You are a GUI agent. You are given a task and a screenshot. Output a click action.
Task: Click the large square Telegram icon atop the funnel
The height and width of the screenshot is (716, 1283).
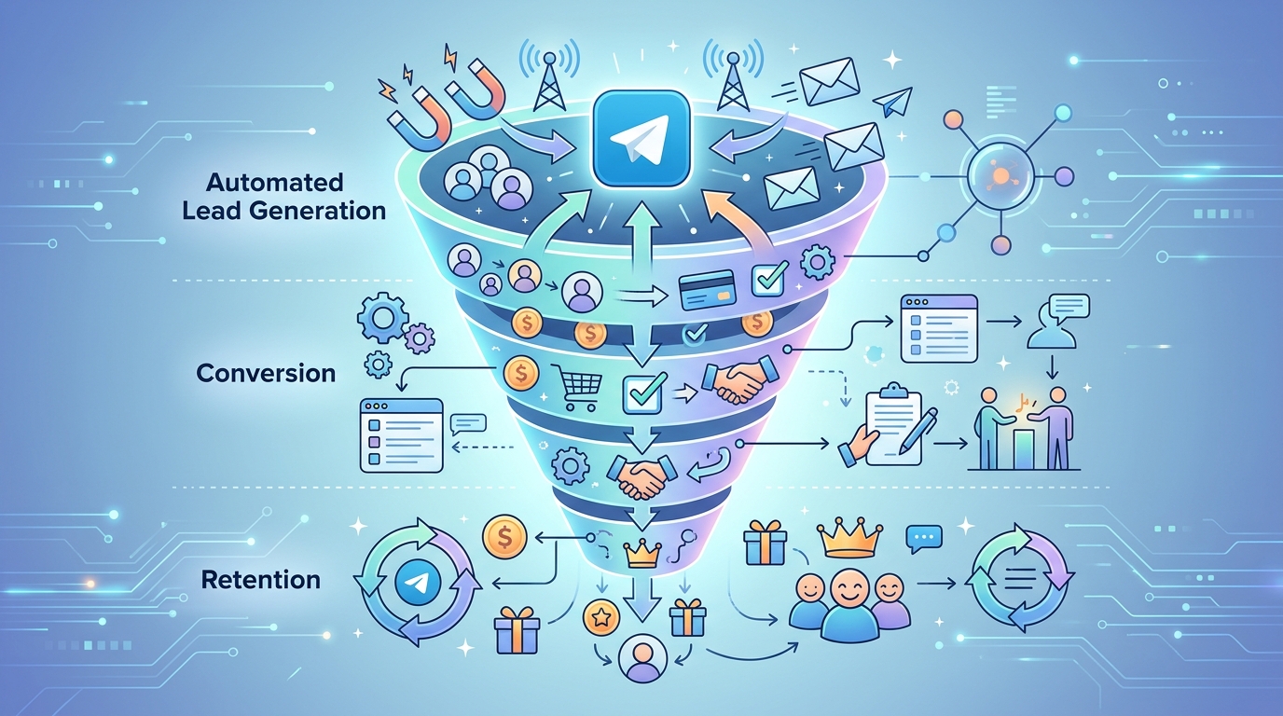click(x=640, y=137)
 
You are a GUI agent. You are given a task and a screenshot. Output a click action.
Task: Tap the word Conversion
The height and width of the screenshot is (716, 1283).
click(x=266, y=374)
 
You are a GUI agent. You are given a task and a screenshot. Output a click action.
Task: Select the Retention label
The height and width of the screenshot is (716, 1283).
click(x=261, y=580)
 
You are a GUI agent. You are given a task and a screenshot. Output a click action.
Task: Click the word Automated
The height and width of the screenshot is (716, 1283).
click(x=274, y=182)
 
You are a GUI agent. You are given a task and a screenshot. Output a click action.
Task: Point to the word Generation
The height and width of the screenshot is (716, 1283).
click(x=318, y=211)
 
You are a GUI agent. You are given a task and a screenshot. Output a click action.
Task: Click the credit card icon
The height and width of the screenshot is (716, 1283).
click(x=707, y=289)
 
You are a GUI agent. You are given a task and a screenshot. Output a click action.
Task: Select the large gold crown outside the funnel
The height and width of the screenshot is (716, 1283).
click(x=849, y=539)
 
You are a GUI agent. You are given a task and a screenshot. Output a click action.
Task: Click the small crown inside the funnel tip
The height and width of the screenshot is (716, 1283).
click(x=642, y=555)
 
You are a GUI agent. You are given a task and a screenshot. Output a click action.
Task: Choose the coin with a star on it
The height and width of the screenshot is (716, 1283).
click(x=600, y=617)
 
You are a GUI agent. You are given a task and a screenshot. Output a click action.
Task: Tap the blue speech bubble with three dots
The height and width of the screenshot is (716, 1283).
click(x=924, y=539)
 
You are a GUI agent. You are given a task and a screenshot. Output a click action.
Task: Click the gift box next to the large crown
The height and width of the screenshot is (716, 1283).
click(x=765, y=542)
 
